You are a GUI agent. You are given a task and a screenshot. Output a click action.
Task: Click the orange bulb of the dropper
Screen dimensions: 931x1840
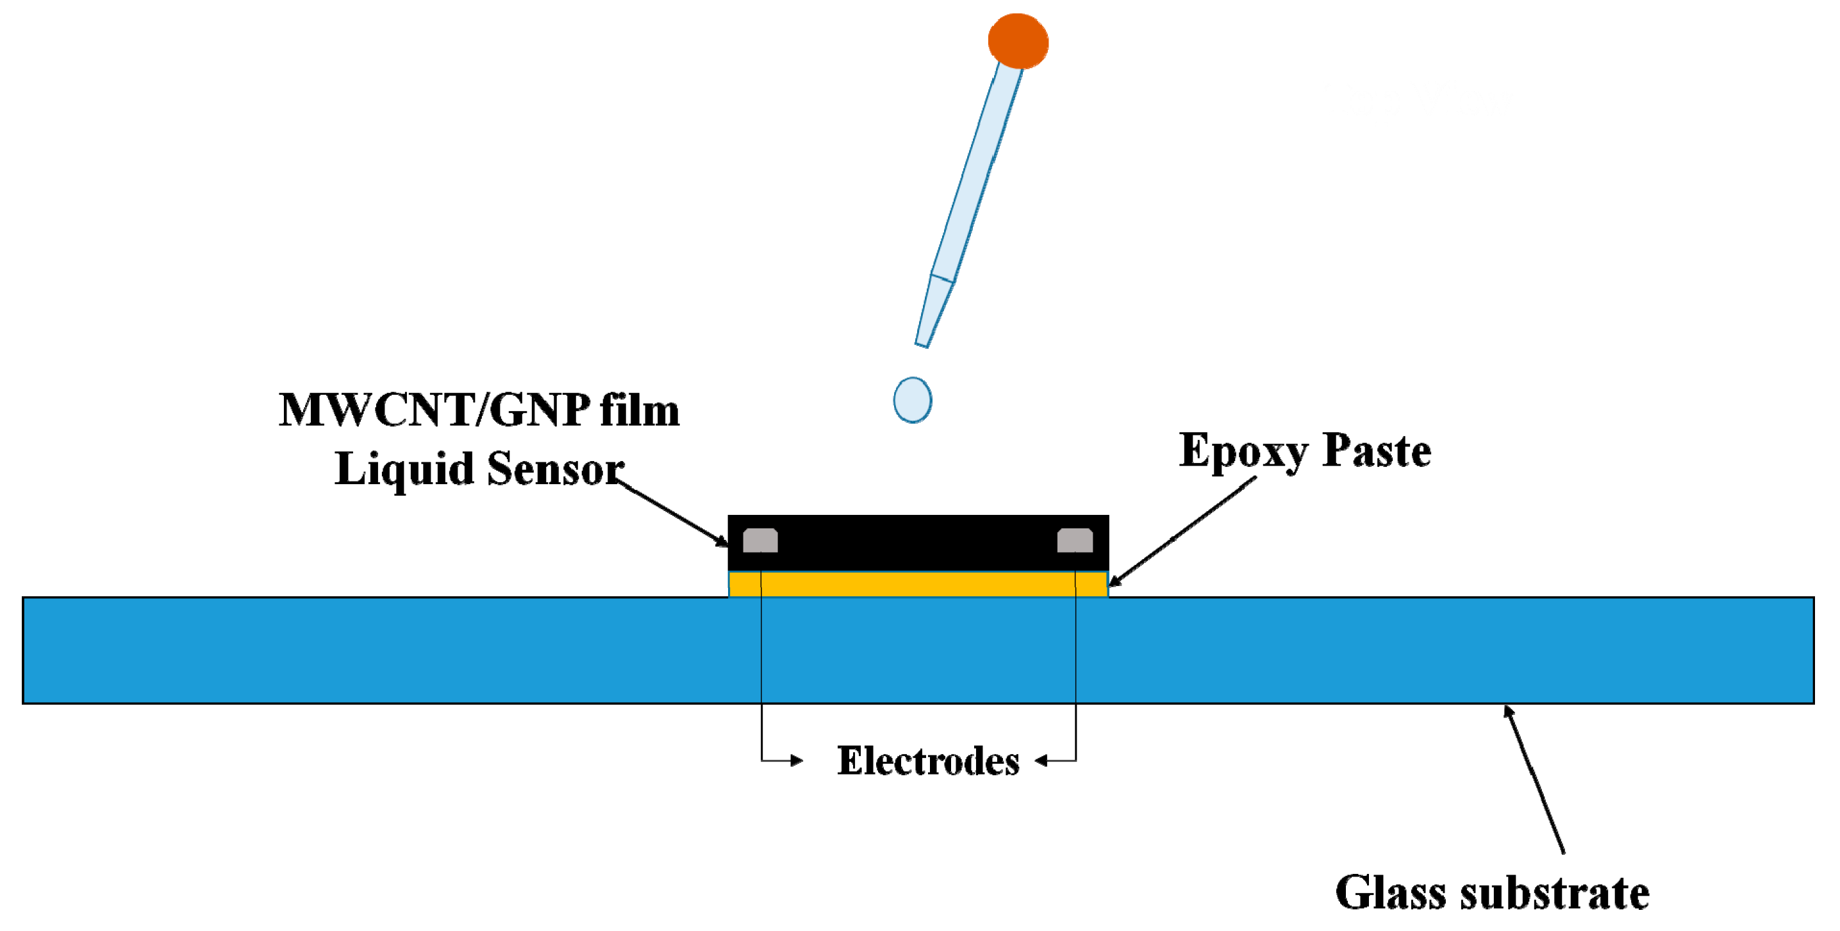(x=1018, y=41)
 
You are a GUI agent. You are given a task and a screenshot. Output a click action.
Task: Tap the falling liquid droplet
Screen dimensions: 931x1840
(x=912, y=400)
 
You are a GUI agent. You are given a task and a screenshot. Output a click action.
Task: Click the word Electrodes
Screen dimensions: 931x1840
(x=928, y=761)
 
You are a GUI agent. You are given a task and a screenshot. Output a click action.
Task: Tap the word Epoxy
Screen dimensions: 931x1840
(x=1243, y=451)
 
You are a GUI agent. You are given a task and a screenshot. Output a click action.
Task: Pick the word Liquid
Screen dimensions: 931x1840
(x=404, y=470)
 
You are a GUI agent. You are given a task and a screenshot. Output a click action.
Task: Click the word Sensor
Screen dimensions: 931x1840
(x=556, y=469)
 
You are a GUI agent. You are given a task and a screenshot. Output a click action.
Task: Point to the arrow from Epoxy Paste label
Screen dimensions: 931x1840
(x=1182, y=532)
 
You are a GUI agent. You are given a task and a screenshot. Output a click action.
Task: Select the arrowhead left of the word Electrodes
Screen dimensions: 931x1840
(x=796, y=760)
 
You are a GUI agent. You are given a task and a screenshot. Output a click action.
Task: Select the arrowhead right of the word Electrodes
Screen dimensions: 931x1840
(x=1042, y=760)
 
